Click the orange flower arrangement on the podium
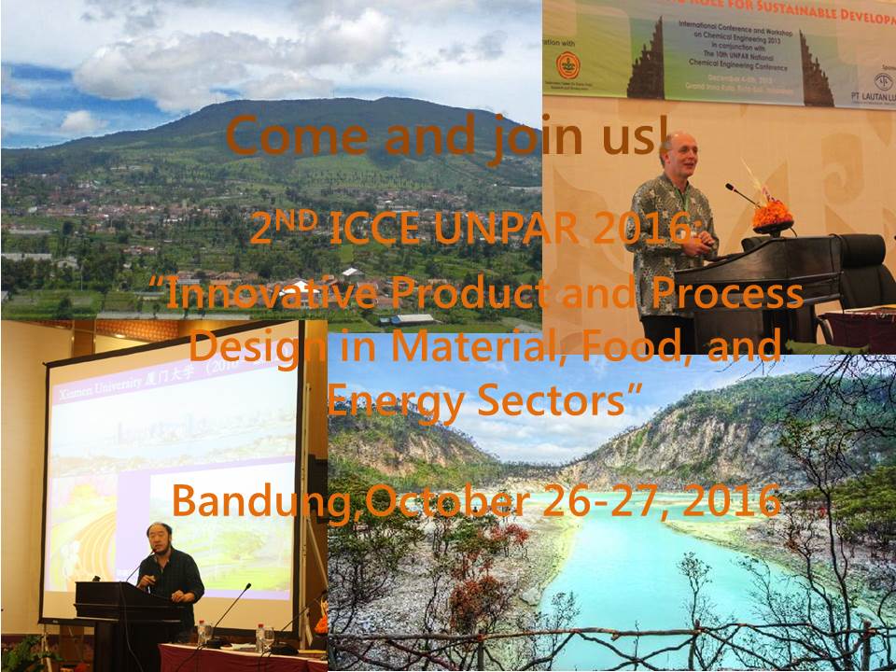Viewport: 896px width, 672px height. [772, 216]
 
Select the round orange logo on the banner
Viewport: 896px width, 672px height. [567, 64]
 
